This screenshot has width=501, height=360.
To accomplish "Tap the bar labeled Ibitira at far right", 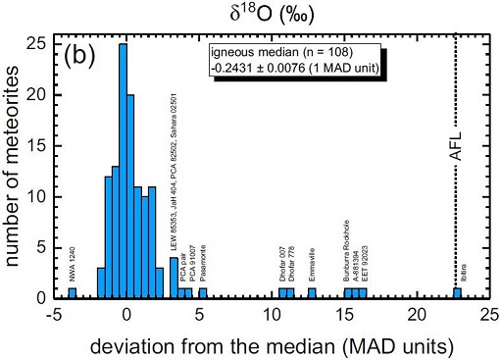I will click(457, 292).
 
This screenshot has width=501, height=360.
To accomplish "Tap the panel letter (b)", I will click(84, 54).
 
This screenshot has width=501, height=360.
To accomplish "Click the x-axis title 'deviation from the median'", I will click(264, 345).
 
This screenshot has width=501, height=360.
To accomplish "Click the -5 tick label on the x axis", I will click(54, 315).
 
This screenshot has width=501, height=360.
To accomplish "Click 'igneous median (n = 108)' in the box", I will click(284, 55).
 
